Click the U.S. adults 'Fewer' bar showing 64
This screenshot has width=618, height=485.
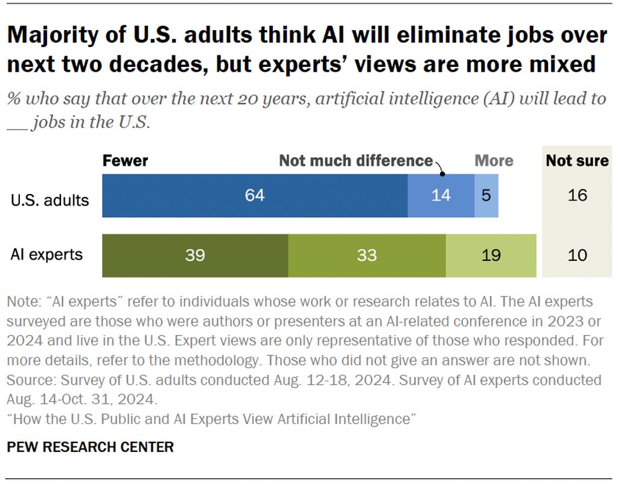tap(255, 195)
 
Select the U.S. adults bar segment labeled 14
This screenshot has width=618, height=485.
tap(441, 195)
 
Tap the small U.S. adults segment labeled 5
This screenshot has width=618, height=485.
tap(486, 195)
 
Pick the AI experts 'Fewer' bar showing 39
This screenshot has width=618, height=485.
tap(195, 255)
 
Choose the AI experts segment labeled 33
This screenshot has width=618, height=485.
tap(367, 255)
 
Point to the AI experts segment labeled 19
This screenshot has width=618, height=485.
tap(491, 255)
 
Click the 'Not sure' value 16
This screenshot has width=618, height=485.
tap(578, 195)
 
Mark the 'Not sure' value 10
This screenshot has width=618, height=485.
tap(578, 255)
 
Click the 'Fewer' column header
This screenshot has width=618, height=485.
tap(125, 161)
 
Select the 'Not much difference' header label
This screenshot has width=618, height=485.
tap(355, 161)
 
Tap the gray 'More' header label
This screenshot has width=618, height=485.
tap(494, 161)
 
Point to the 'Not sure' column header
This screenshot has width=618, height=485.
tap(577, 161)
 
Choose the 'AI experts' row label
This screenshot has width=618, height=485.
tap(46, 254)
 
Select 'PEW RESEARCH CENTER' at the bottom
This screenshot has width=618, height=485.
tap(91, 447)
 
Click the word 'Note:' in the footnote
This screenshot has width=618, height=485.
tap(23, 301)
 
